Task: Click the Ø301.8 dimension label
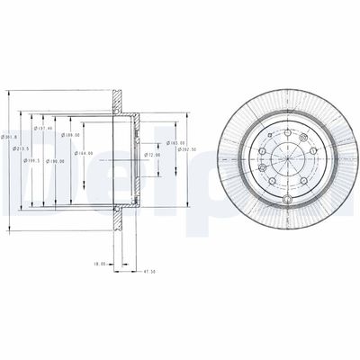tap(7, 136)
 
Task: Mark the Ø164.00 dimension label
tap(85, 154)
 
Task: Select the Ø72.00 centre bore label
tap(153, 155)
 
